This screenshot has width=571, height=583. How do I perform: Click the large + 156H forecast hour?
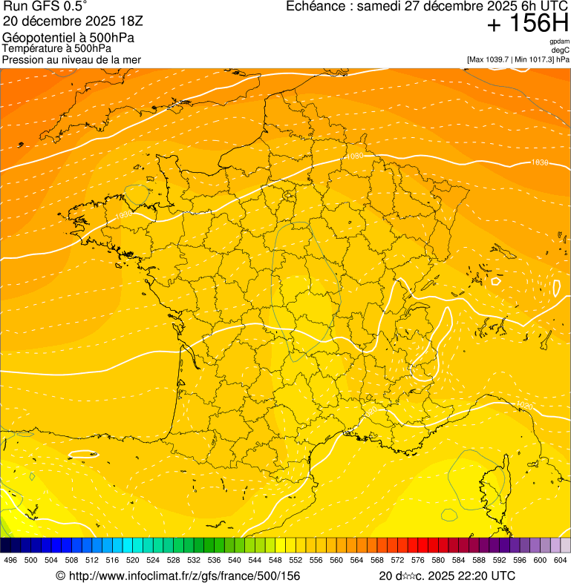pyautogui.click(x=527, y=24)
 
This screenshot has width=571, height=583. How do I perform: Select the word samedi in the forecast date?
pyautogui.click(x=379, y=7)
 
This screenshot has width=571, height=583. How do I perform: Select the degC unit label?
pyautogui.click(x=561, y=50)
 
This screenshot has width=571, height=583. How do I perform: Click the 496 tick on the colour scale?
pyautogui.click(x=10, y=560)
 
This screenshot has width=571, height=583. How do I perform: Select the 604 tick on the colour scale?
pyautogui.click(x=561, y=560)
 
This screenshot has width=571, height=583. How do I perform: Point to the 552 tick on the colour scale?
pyautogui.click(x=296, y=560)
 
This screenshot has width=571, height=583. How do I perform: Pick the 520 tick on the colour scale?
pyautogui.click(x=132, y=560)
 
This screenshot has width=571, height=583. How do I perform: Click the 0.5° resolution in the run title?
pyautogui.click(x=75, y=7)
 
